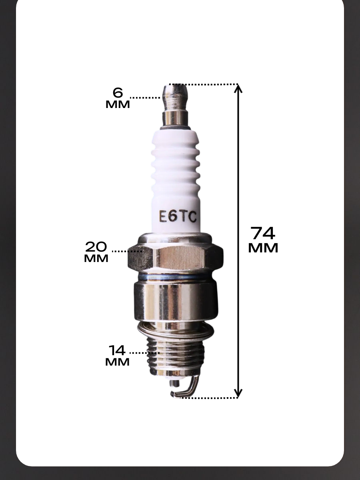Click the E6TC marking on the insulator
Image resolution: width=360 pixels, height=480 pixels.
pos(178,217)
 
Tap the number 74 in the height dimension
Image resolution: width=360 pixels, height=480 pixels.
pos(263,233)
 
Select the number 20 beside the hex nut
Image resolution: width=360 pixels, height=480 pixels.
pos(96,247)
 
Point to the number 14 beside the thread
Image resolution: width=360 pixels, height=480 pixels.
pos(117,350)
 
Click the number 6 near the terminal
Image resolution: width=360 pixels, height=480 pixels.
pos(118,92)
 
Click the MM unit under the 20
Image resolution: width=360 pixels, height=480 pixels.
pos(96,258)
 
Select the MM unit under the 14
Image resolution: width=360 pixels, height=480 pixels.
pos(117,362)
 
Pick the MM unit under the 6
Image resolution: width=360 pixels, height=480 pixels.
pos(118,104)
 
